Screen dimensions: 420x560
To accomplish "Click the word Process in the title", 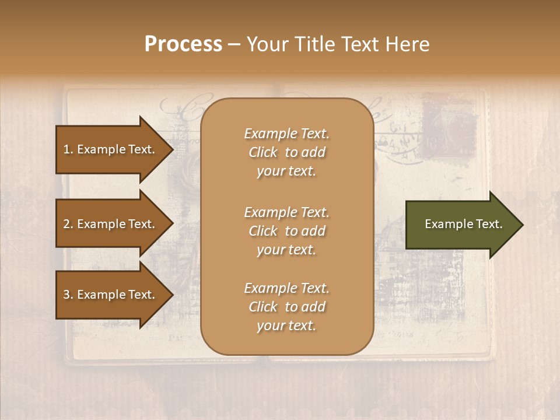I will pos(183,44).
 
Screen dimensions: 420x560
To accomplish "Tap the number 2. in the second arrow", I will pos(68,224).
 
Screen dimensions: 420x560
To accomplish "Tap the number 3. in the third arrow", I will pos(68,295).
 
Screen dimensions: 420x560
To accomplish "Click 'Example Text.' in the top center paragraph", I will pos(286,134).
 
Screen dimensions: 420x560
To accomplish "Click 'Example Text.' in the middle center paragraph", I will pos(286,212).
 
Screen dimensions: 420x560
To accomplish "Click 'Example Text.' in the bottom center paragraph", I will pos(286,288).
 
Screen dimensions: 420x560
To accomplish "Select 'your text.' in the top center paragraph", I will pos(286,171).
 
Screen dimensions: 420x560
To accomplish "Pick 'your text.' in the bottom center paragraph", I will pos(286,326).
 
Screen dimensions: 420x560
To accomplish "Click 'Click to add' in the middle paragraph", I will pos(286,231).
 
